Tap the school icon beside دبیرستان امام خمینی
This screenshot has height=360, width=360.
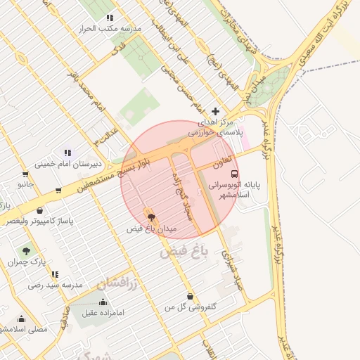(67, 153)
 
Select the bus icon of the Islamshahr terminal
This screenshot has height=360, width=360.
(234, 173)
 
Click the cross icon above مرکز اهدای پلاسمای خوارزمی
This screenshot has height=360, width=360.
(215, 111)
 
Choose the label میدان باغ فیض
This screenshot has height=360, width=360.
(152, 229)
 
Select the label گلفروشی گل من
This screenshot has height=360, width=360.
(190, 307)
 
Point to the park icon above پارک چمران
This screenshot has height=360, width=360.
(26, 250)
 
